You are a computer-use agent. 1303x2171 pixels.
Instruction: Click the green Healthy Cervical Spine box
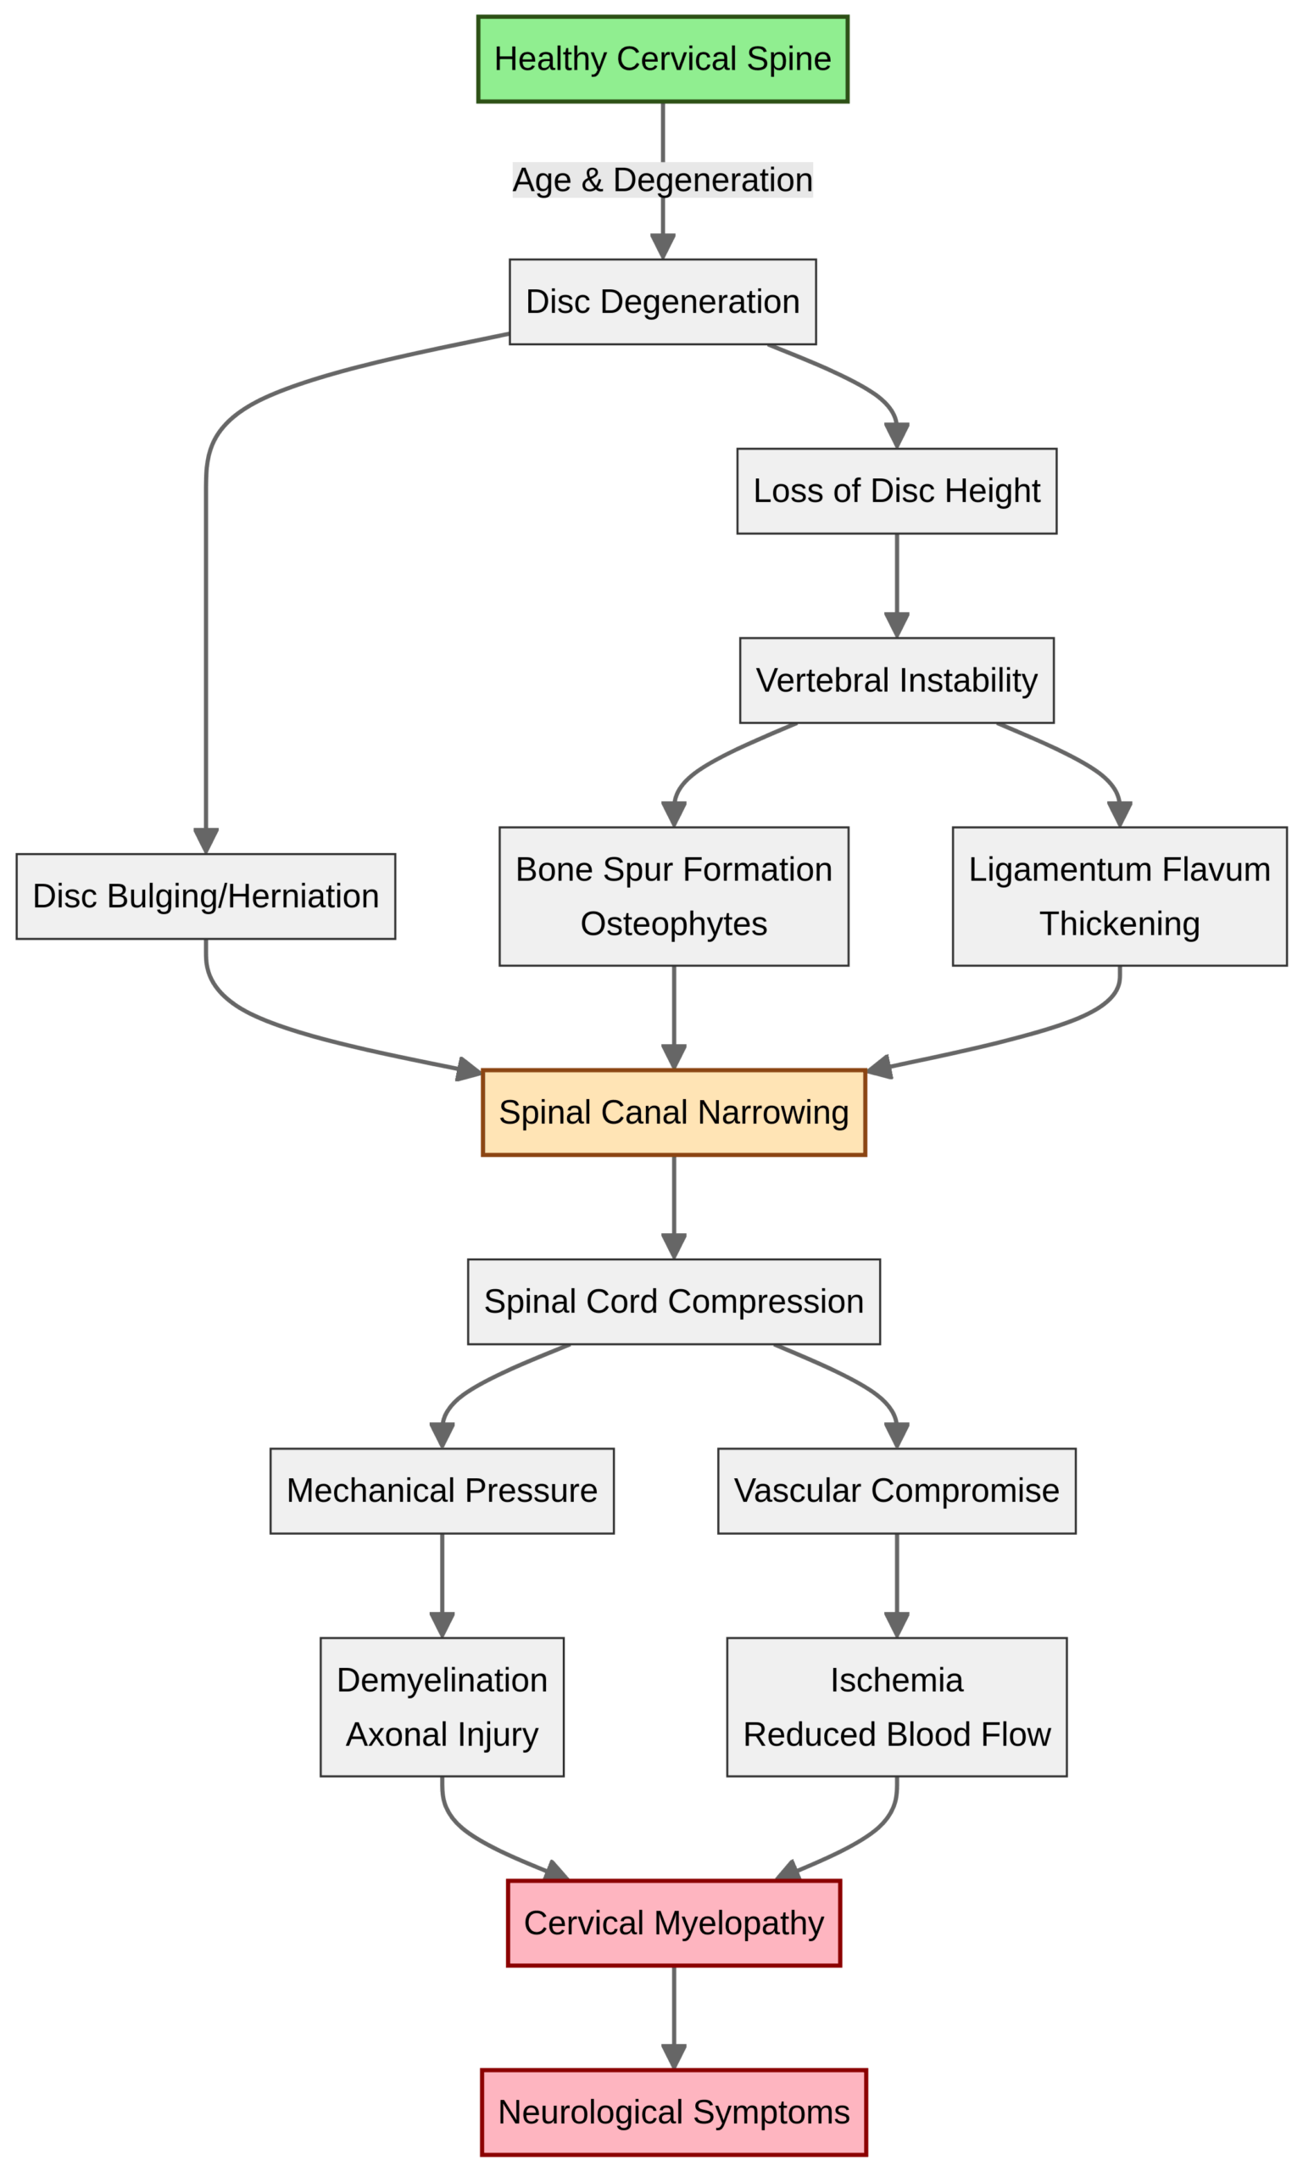coord(662,59)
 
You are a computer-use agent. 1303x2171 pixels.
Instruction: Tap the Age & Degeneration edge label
coord(662,180)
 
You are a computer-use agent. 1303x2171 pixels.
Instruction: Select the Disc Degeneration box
coord(662,301)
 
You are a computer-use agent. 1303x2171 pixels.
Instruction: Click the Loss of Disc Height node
coord(895,491)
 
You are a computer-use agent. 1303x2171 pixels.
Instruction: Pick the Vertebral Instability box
coord(895,681)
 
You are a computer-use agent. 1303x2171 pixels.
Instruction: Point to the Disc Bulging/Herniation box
coord(205,896)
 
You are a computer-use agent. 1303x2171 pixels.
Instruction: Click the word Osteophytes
coord(673,924)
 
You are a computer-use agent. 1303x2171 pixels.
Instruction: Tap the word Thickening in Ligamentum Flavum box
coord(1119,924)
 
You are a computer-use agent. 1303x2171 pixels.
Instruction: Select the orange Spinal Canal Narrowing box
coord(673,1112)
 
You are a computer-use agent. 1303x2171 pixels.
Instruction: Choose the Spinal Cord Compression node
coord(673,1302)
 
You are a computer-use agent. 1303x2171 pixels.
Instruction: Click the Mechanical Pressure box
coord(442,1491)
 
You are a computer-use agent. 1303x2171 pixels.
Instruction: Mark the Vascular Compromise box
coord(895,1491)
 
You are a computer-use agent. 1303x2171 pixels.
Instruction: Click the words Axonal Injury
coord(442,1734)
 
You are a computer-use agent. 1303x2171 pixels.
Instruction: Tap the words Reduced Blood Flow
coord(895,1734)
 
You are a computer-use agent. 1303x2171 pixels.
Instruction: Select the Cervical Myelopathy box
coord(673,1923)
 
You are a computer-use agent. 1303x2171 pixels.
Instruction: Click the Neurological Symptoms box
coord(673,2112)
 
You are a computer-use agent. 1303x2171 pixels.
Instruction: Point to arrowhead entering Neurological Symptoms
coord(673,2057)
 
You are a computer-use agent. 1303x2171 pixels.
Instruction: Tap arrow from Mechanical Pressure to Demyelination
coord(442,1581)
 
